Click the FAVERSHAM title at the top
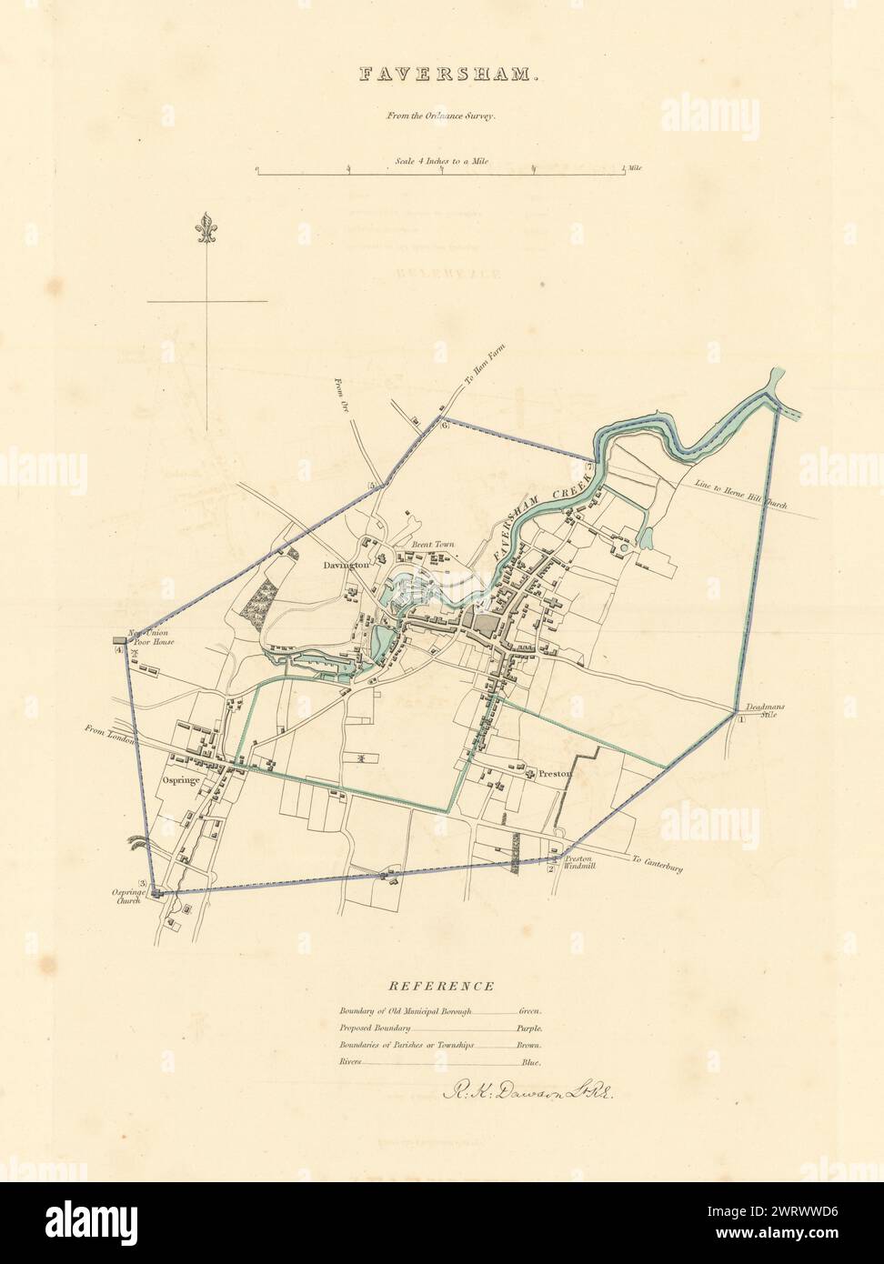(x=442, y=75)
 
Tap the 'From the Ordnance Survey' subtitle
(x=441, y=116)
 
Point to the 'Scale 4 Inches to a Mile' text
(x=441, y=161)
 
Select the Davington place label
(x=346, y=565)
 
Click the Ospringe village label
(x=180, y=780)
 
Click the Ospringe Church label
(x=129, y=898)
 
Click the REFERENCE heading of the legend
(x=441, y=986)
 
